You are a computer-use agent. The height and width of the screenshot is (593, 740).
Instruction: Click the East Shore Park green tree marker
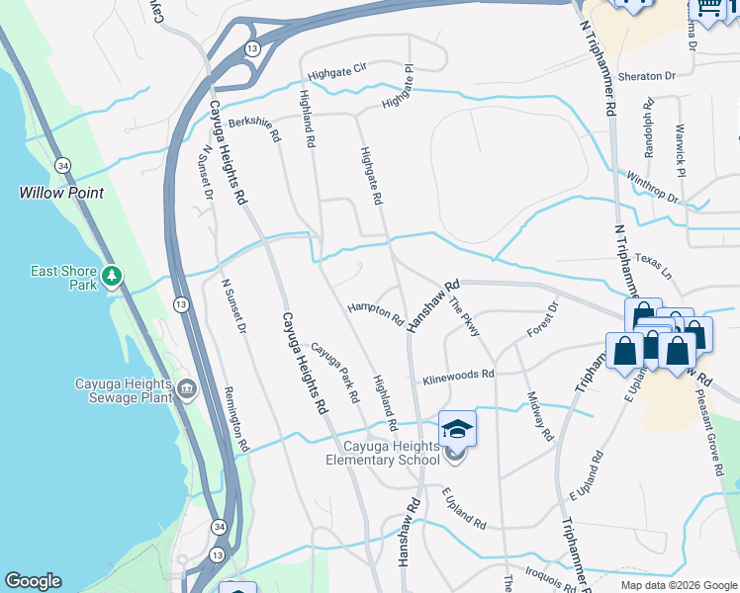pos(113,276)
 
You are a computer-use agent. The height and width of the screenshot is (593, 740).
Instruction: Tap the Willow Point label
pos(61,193)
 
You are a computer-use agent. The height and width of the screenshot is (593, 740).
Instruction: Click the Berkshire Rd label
pos(256,124)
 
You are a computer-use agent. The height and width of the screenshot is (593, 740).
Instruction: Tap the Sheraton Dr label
pos(646,75)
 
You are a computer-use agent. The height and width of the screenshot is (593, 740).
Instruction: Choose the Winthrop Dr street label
pos(653,187)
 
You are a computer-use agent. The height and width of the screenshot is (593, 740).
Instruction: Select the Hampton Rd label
pos(375,314)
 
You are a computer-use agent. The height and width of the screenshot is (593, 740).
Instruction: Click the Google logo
pos(33,581)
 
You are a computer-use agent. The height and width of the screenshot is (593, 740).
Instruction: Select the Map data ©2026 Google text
pos(679,585)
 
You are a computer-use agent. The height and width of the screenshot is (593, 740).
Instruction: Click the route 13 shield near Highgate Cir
pos(253,48)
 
